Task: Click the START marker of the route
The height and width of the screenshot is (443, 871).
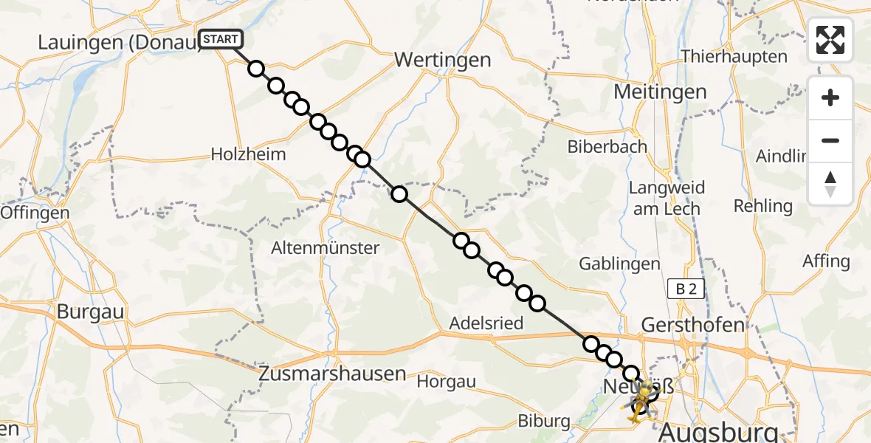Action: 220,39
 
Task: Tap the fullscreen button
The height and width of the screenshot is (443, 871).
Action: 830,40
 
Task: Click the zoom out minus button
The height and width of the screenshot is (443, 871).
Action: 830,140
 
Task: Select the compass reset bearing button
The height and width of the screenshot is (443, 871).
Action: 830,184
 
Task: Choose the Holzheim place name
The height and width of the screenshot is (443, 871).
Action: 248,154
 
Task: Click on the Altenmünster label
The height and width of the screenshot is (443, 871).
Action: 326,247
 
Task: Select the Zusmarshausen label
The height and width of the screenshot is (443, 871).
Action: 332,374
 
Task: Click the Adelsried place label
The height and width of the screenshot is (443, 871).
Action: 487,323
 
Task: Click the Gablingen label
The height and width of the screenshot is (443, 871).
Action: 619,264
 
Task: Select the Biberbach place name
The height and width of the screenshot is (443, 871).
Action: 607,147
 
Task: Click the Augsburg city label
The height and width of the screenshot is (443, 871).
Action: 720,430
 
